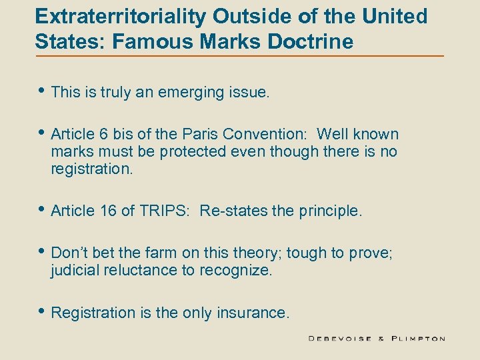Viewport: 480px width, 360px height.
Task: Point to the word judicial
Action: point(75,270)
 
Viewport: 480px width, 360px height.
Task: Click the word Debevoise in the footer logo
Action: point(341,339)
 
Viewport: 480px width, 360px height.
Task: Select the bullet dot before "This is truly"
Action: point(41,92)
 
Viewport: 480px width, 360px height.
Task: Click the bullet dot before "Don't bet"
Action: point(41,252)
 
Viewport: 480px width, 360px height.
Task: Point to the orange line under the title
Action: point(240,55)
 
